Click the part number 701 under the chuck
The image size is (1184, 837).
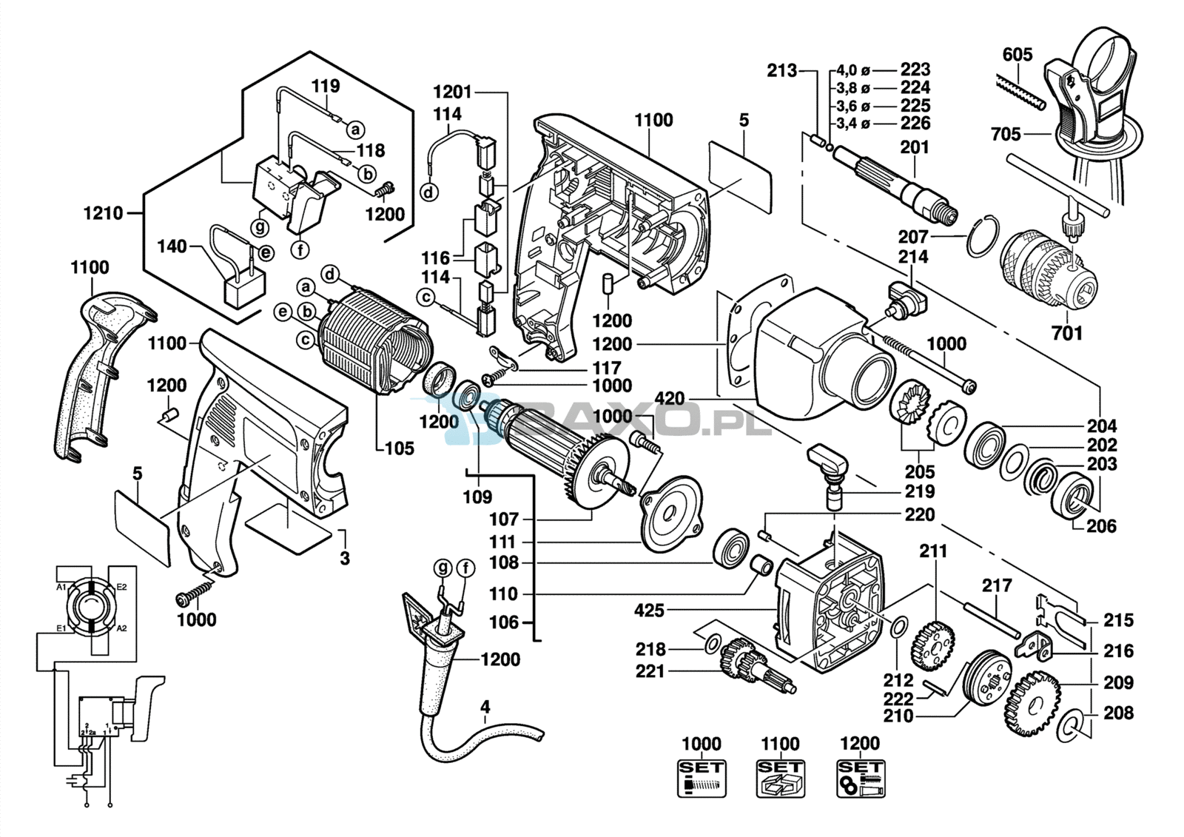[x=1066, y=334]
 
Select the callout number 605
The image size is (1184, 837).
[x=1017, y=54]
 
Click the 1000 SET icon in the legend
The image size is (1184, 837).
[x=701, y=778]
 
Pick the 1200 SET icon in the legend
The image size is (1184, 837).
[x=861, y=778]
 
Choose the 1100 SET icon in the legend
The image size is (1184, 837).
[x=781, y=778]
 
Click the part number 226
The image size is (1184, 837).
[x=915, y=124]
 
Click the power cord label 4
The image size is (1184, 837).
[x=485, y=707]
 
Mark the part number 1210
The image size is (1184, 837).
[x=103, y=214]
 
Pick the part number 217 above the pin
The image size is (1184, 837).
[x=997, y=586]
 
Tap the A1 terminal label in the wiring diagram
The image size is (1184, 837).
[x=62, y=587]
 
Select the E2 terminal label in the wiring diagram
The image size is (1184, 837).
[x=121, y=587]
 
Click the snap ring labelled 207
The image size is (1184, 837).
[x=982, y=237]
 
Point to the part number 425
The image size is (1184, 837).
[x=649, y=611]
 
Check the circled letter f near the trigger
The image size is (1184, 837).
[x=300, y=250]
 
